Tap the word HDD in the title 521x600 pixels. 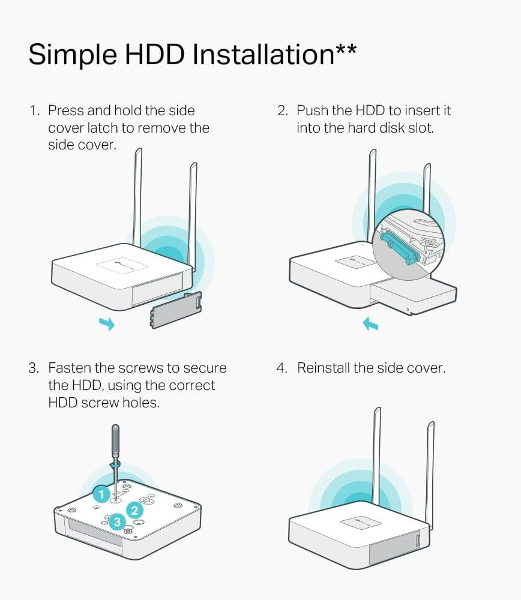coord(155,54)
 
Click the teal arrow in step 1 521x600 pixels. coord(107,323)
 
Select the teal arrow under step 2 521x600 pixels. coord(370,324)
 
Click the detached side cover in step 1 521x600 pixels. coord(176,310)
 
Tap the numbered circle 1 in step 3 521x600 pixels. coord(101,494)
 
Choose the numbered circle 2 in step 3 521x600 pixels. coord(134,510)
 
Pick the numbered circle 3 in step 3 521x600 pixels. coord(117,522)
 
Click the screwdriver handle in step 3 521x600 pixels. coord(115,440)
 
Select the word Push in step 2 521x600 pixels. coord(312,110)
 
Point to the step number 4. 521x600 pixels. coord(282,368)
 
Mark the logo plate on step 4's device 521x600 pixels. coord(361,523)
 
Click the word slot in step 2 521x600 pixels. coord(421,128)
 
